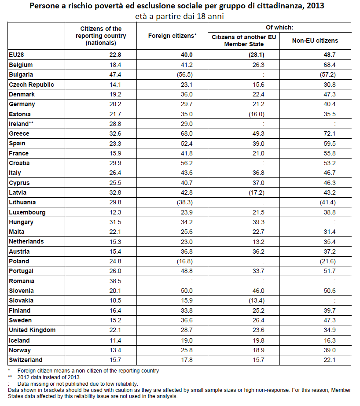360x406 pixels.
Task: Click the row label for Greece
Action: coord(19,133)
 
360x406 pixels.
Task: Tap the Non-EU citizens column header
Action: coord(315,41)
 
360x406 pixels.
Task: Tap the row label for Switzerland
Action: coord(25,360)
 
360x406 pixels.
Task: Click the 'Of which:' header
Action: coord(280,27)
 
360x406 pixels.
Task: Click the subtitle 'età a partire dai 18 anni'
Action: coord(180,17)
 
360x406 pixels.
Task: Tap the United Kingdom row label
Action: coord(32,330)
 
